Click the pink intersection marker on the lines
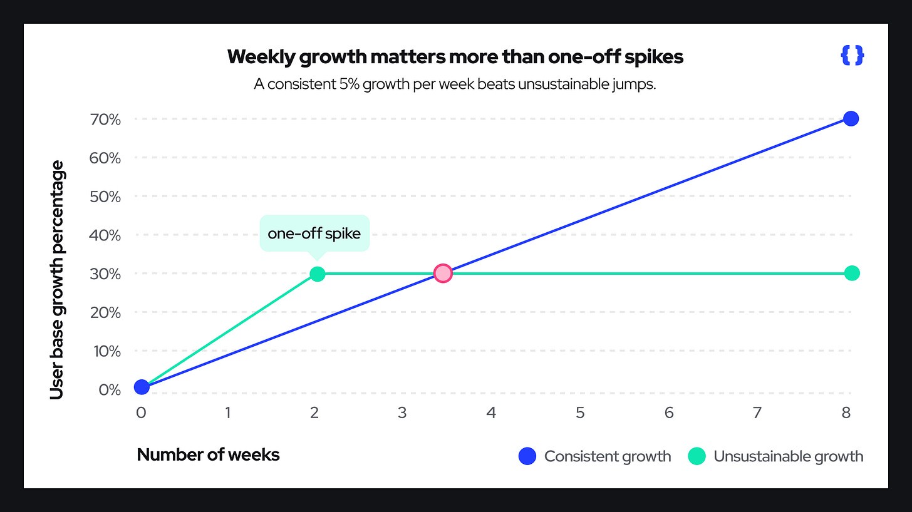(x=443, y=274)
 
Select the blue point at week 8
(x=851, y=118)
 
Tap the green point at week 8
(x=851, y=273)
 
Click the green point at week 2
(x=318, y=274)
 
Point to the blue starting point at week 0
(x=142, y=387)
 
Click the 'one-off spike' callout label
(x=314, y=233)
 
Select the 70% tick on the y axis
(x=105, y=119)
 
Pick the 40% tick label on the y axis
(x=105, y=235)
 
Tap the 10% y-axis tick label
(x=105, y=351)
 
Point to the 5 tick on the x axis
(x=580, y=413)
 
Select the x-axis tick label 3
(x=402, y=413)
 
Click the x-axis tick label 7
(x=757, y=413)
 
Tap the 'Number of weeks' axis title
(x=208, y=454)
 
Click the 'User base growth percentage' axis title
(x=57, y=280)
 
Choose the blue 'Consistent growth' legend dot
(x=528, y=456)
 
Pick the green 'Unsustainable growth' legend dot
(x=697, y=456)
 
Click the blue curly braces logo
(x=852, y=56)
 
